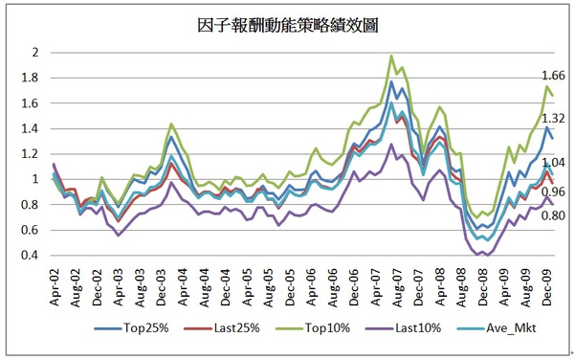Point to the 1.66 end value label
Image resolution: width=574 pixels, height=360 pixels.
[554, 76]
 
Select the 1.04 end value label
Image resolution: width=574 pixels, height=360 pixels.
[554, 164]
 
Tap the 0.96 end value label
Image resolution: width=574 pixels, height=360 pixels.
[554, 191]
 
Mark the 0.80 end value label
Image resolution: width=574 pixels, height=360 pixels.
[554, 215]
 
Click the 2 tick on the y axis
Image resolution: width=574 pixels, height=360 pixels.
[38, 53]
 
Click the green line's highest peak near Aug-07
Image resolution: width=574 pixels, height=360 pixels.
[391, 56]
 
